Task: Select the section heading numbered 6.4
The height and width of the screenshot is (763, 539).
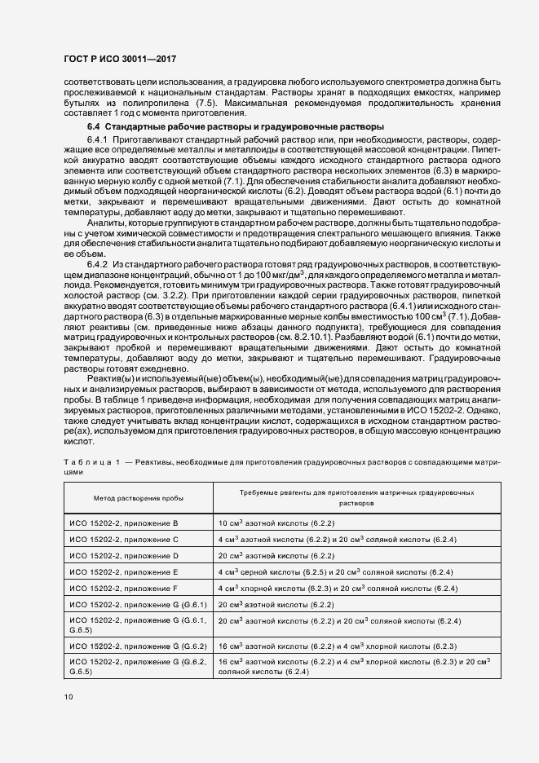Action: (235, 127)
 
